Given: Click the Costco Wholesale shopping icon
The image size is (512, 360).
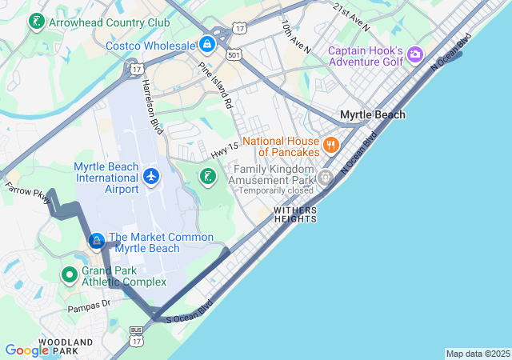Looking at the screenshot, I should (207, 44).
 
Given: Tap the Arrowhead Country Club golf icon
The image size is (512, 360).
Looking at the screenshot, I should (36, 22).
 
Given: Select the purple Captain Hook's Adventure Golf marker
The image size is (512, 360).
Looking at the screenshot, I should (414, 54).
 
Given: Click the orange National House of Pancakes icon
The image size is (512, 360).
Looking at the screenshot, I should (330, 145).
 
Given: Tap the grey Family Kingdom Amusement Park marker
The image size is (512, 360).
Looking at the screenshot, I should (325, 177).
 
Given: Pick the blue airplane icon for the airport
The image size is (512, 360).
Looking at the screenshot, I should (151, 175).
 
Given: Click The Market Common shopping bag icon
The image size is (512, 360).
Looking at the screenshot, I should (96, 241).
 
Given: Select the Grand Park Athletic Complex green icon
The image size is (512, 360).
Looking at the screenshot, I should (70, 274).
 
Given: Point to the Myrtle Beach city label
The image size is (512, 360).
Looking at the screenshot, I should (372, 114).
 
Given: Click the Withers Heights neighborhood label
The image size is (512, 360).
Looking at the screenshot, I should (295, 214).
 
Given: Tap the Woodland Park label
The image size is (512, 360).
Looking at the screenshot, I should (47, 346).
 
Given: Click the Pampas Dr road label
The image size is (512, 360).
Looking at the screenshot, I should (88, 305).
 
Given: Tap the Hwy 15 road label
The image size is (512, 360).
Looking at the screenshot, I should (225, 150).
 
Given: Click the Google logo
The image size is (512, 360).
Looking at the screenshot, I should (26, 350).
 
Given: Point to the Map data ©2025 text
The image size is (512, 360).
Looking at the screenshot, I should (477, 354).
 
